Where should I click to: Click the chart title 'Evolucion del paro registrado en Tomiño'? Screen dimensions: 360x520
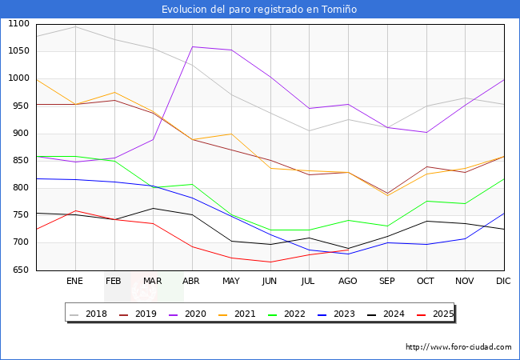pos(259,10)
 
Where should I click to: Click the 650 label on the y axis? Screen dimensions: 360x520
pos(19,270)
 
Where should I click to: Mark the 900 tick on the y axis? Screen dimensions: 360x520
pos(19,134)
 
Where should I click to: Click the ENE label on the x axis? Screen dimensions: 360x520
pos(74,282)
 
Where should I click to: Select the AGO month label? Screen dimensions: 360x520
pos(348,282)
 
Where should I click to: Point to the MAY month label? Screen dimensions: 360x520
pos(230,282)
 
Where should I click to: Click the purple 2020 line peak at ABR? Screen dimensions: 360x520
pos(192,46)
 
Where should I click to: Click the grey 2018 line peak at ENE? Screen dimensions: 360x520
pos(75,26)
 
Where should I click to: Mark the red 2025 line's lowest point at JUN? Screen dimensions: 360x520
pos(270,262)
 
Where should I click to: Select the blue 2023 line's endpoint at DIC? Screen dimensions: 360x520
pos(504,214)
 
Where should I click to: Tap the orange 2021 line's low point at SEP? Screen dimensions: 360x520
pos(387,195)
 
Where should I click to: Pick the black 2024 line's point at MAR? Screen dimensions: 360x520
pos(153,208)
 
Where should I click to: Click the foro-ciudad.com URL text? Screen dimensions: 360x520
pos(458,347)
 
